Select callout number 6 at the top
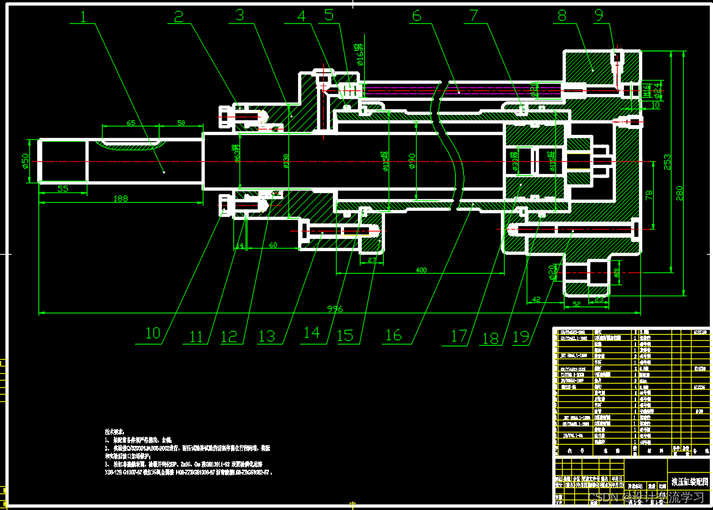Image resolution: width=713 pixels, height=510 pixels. pyautogui.click(x=417, y=16)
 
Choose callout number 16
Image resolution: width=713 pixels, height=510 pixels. pyautogui.click(x=393, y=335)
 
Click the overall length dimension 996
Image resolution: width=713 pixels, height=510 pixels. pyautogui.click(x=335, y=310)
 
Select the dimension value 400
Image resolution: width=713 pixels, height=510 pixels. pyautogui.click(x=420, y=270)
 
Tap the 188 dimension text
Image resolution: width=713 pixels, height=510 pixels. pyautogui.click(x=120, y=199)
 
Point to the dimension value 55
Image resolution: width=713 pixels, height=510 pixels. pyautogui.click(x=63, y=189)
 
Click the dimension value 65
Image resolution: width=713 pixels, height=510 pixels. pyautogui.click(x=131, y=123)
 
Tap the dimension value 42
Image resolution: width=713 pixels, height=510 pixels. pyautogui.click(x=536, y=300)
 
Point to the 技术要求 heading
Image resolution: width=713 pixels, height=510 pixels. pyautogui.click(x=114, y=431)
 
